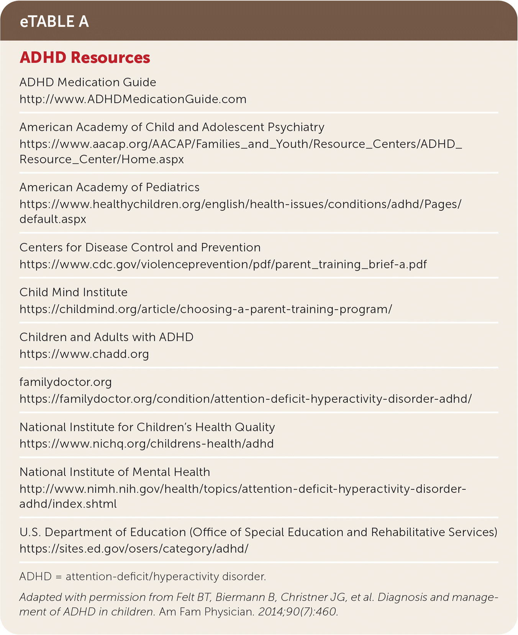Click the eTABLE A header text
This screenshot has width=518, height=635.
[54, 21]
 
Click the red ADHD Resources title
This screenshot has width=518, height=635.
[85, 57]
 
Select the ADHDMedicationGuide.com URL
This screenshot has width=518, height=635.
[133, 99]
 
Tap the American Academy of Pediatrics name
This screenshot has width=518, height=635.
[109, 187]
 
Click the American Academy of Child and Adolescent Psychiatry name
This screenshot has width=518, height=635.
[172, 127]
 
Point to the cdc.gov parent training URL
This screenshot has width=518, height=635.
[223, 264]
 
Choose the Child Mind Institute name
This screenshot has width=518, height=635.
[73, 292]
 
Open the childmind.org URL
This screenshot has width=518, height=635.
[206, 309]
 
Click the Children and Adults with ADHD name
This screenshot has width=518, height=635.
[106, 337]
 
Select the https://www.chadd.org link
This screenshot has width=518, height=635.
[84, 354]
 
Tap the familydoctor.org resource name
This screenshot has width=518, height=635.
[66, 382]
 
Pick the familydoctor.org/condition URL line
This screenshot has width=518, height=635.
[246, 399]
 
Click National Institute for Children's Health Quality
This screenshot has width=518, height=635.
[147, 427]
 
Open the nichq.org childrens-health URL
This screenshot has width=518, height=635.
[146, 444]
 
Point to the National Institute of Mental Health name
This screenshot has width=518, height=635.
[115, 472]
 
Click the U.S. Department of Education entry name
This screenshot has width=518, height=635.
[258, 532]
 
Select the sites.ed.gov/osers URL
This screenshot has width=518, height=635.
[134, 549]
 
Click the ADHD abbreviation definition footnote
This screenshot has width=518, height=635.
[143, 577]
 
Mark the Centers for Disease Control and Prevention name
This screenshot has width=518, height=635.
[140, 248]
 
